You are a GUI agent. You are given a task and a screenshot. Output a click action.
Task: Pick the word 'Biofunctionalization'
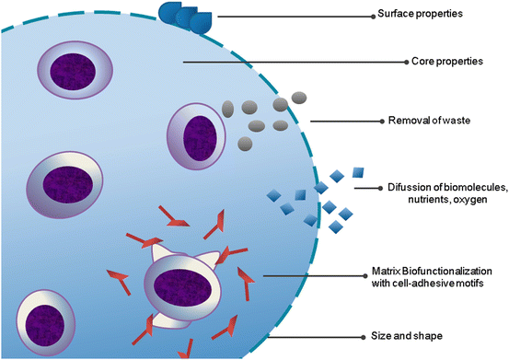(x=446, y=271)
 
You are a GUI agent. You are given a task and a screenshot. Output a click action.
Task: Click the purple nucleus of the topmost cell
(x=76, y=72)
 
